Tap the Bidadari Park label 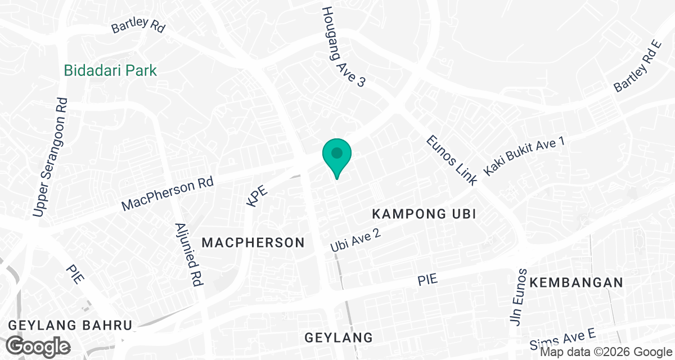(x=110, y=71)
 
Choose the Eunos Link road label (x=452, y=160)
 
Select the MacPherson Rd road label (x=168, y=195)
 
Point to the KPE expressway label (x=256, y=196)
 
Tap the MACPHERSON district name (x=253, y=243)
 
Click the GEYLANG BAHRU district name (x=70, y=326)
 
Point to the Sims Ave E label (x=563, y=340)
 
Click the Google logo (x=38, y=345)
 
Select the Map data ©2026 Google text (x=605, y=352)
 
